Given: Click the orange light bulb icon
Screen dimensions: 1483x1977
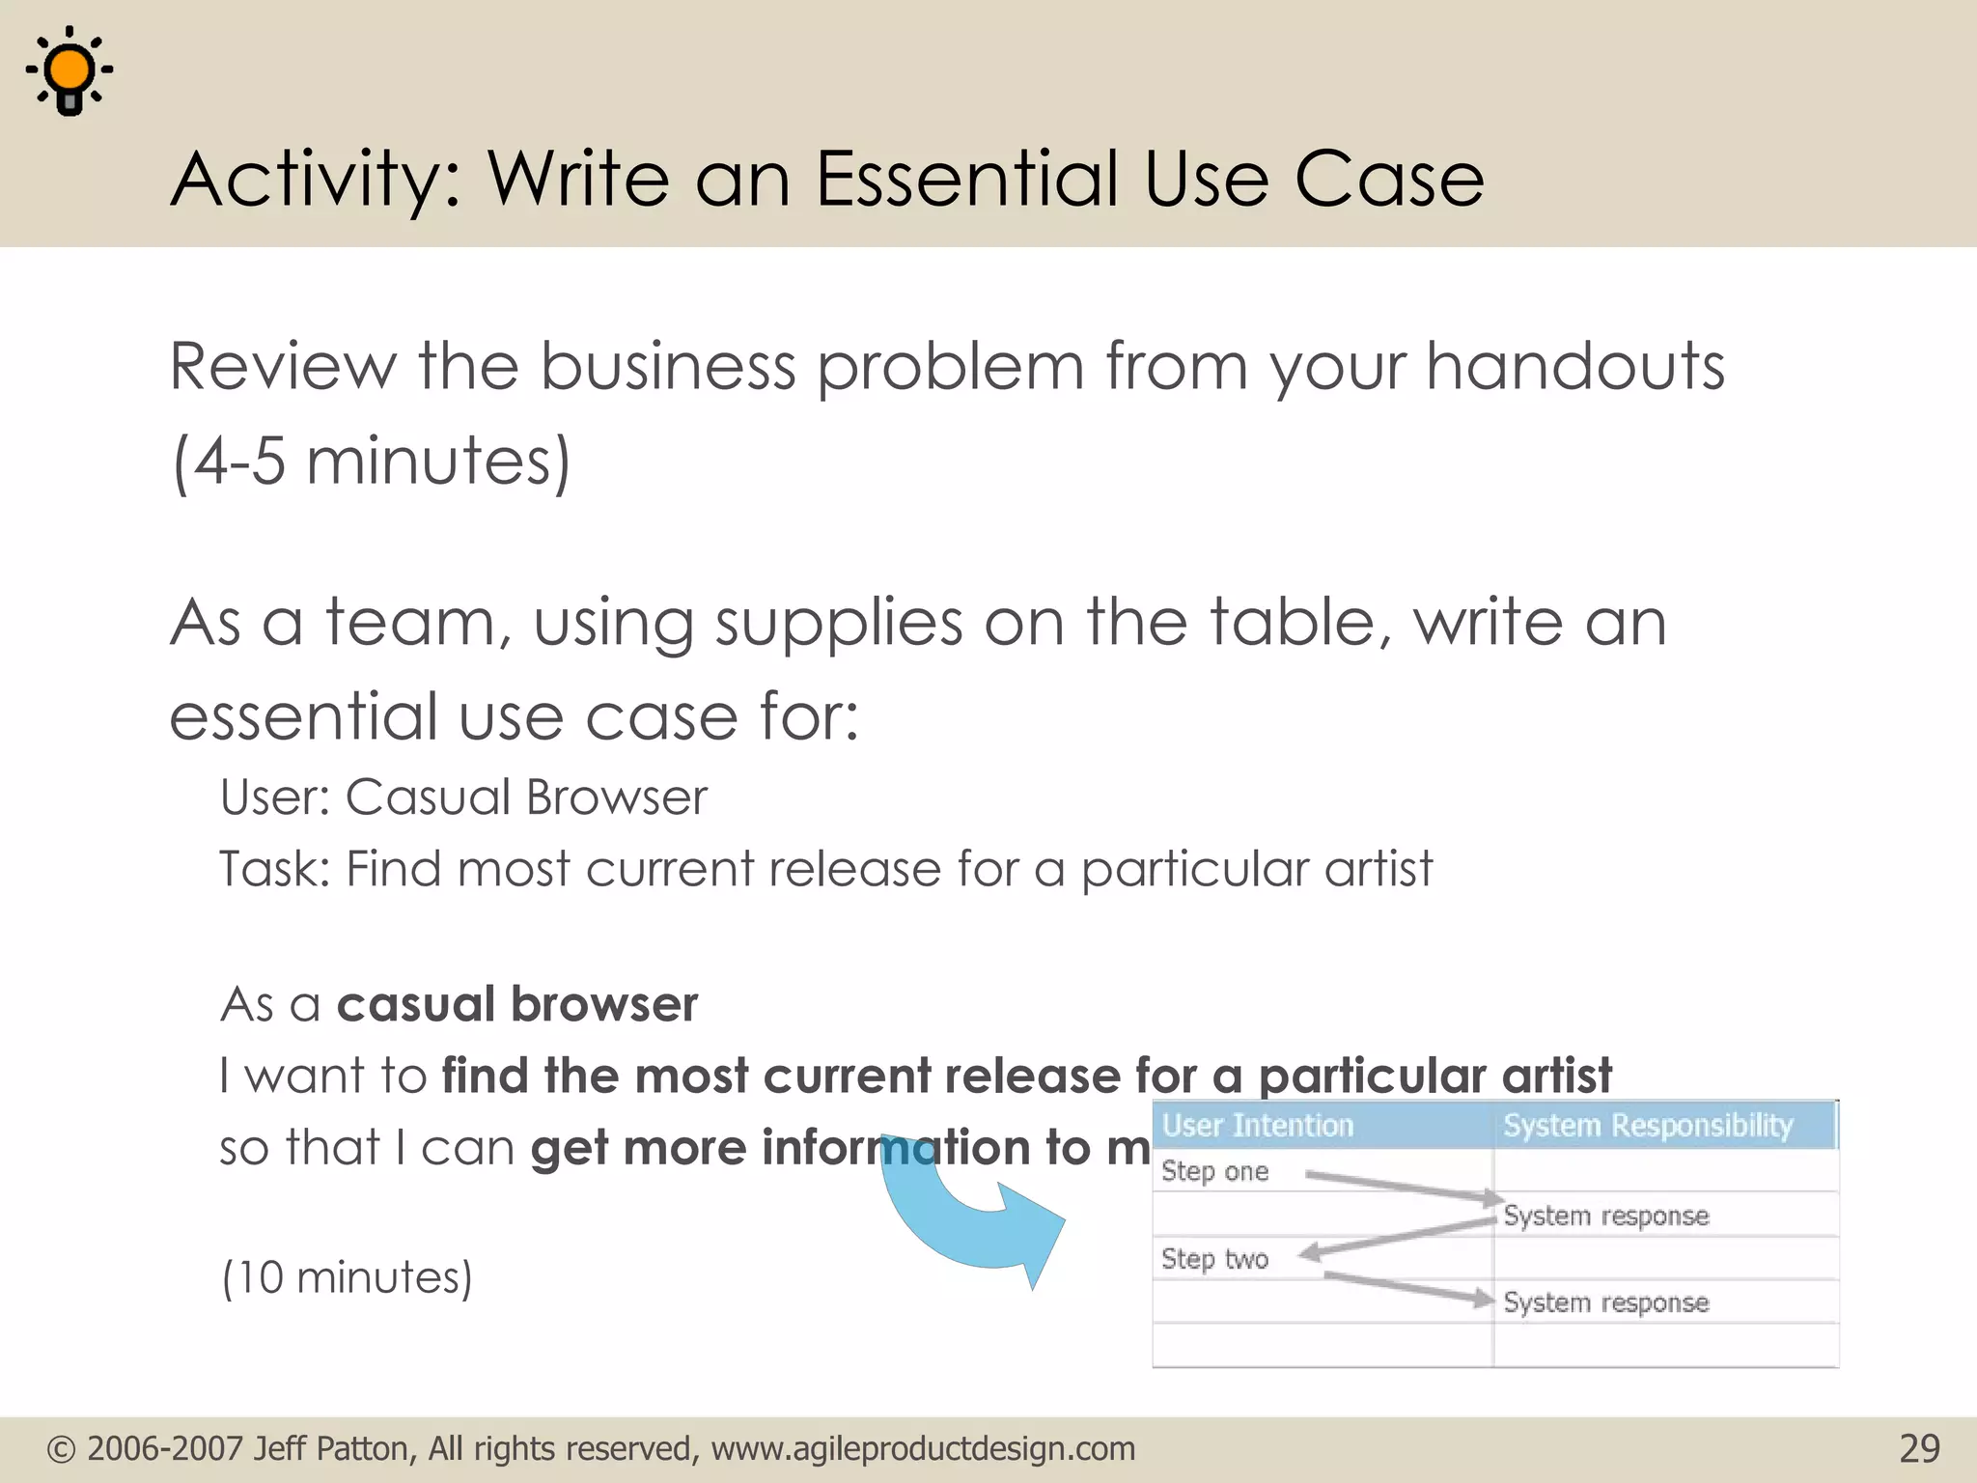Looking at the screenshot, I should tap(70, 71).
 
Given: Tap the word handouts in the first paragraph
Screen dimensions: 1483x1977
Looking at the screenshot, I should tap(1574, 367).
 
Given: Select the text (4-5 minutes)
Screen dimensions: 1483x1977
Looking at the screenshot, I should tap(371, 462).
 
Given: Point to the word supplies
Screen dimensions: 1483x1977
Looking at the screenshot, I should tap(838, 624).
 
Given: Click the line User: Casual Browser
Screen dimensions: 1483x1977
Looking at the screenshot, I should tap(463, 797).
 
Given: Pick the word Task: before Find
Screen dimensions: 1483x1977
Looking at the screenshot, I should tap(274, 869).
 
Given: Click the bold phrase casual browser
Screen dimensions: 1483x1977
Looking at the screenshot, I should tap(516, 1005).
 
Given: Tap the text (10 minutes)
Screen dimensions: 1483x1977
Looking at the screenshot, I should tap(347, 1277).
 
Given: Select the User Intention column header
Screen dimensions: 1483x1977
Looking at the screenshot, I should tap(1257, 1126).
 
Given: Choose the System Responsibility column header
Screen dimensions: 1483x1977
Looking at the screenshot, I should tap(1647, 1126).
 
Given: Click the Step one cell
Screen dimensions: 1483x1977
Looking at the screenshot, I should tap(1214, 1171).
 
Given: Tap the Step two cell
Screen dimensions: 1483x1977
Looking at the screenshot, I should tap(1214, 1259).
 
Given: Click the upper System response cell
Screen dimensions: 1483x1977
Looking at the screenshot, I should tap(1605, 1216).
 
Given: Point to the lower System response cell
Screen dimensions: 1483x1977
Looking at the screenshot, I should tap(1605, 1302).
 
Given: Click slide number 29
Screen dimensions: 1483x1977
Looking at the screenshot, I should tap(1918, 1449).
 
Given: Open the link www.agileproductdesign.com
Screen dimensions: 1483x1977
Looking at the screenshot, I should tap(923, 1449).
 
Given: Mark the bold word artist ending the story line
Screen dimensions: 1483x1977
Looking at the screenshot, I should tap(1556, 1077).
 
